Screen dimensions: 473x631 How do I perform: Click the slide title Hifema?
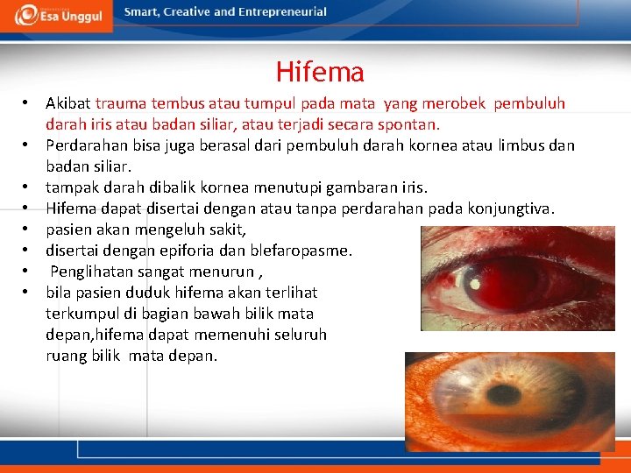coord(320,72)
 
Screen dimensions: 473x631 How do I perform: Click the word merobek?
coord(460,103)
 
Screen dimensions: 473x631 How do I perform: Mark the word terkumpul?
coord(79,314)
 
